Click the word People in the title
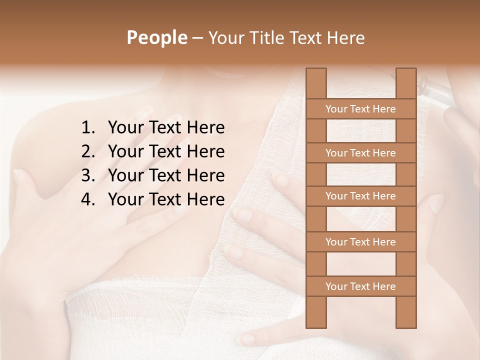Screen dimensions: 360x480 pos(157,37)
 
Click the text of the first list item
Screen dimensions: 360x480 pos(166,128)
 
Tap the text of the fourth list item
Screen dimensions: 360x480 pos(166,199)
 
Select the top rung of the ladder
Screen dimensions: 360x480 pos(360,109)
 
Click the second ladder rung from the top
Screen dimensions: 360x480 pos(360,153)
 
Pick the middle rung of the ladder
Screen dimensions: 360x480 pos(360,196)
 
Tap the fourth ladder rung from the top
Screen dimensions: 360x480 pos(360,242)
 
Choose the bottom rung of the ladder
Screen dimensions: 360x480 pos(360,286)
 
